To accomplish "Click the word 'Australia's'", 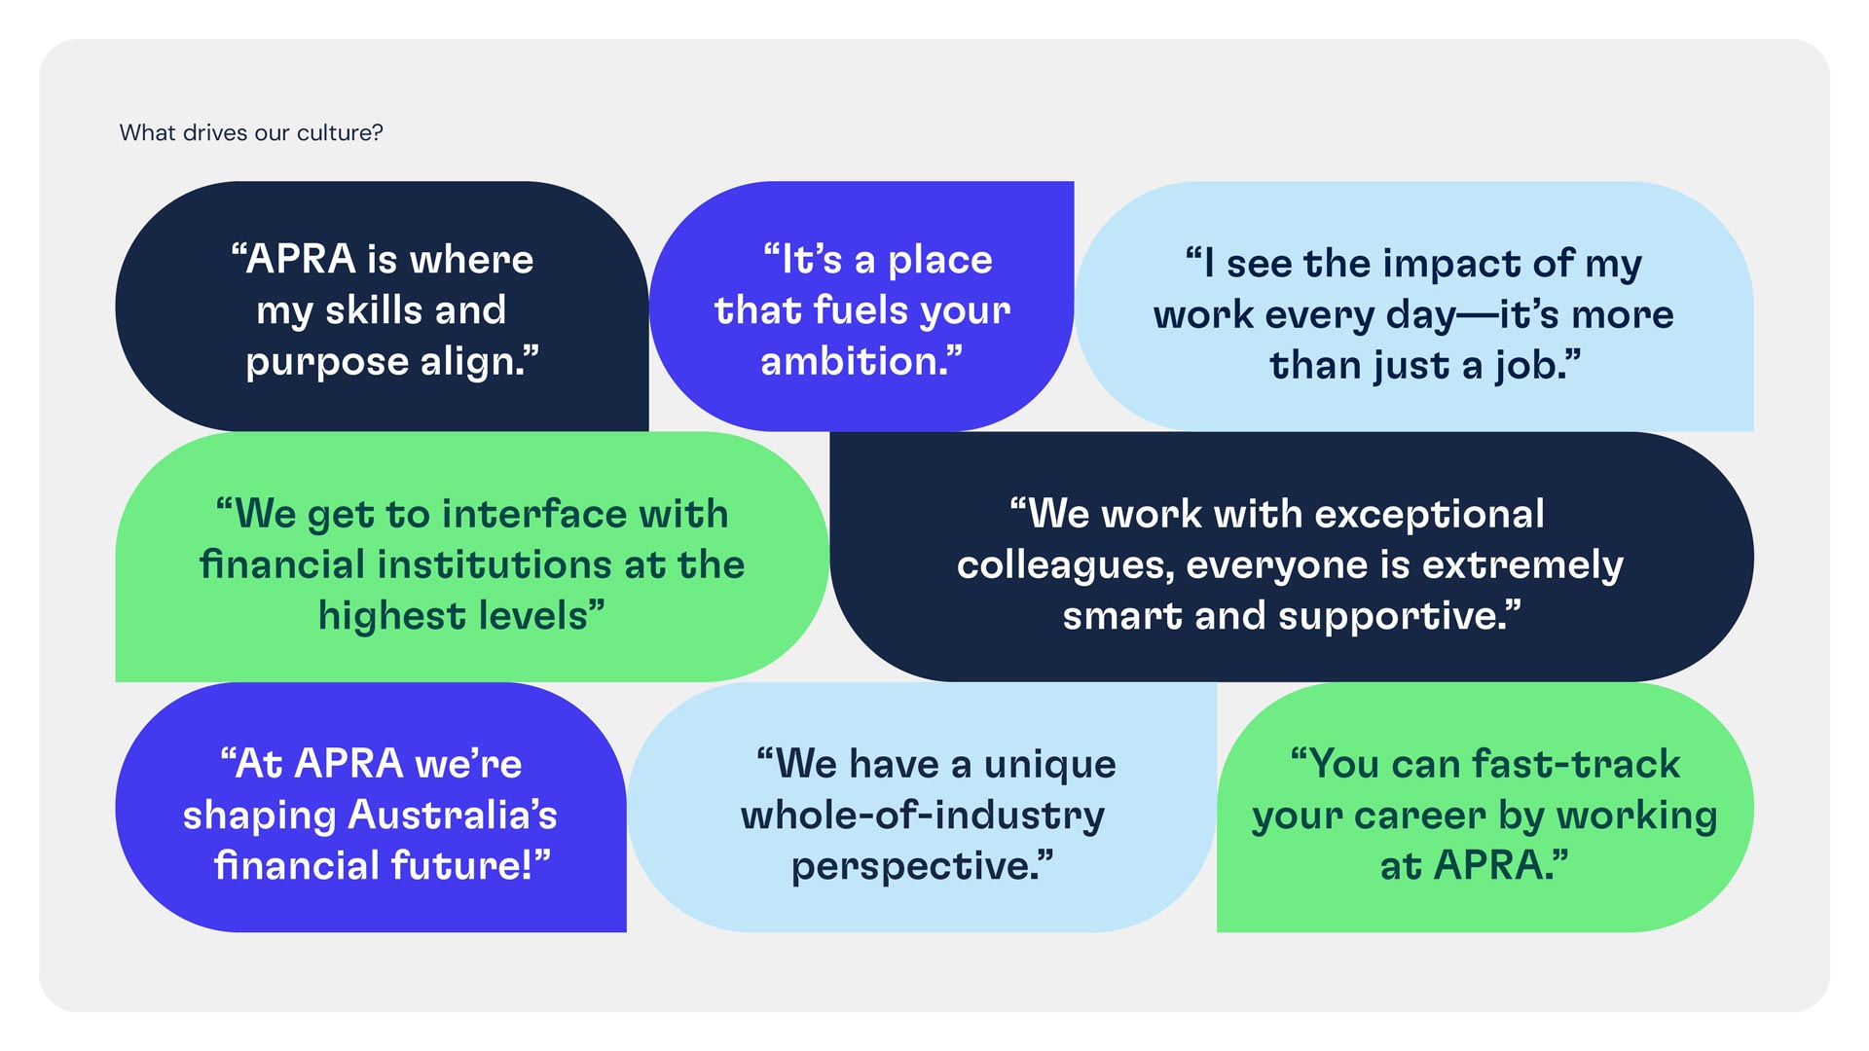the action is pos(453,815).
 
